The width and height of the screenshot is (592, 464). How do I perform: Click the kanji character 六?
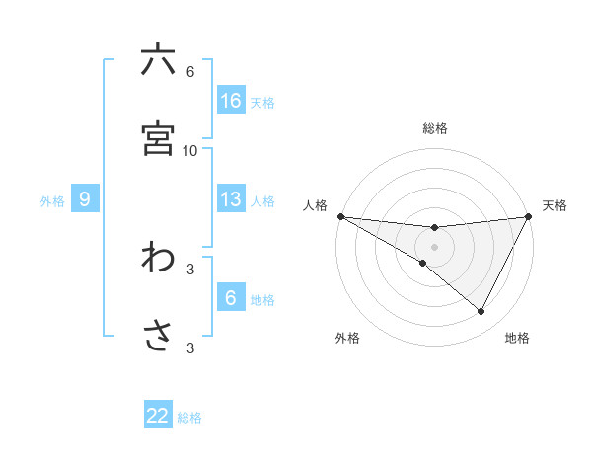tap(158, 60)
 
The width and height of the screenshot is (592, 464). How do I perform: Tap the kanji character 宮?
tap(158, 138)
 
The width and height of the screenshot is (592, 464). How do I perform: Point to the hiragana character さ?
tap(158, 336)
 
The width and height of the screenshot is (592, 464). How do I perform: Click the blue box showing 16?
tap(231, 101)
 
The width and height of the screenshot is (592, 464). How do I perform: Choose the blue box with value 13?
tap(231, 199)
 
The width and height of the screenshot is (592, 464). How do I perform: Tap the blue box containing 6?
tap(231, 298)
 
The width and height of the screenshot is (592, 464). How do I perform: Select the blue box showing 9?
tap(85, 199)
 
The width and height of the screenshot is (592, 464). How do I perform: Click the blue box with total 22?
tap(158, 416)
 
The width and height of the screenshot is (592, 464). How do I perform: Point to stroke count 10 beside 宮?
tap(190, 150)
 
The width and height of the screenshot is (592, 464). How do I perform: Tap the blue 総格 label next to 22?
tap(189, 418)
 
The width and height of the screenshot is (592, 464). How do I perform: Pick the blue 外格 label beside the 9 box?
tap(52, 200)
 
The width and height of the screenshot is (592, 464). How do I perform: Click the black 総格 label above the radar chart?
tap(435, 128)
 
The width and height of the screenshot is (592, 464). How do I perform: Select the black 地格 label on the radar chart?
tap(517, 338)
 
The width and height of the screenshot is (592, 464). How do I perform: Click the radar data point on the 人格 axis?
tap(340, 215)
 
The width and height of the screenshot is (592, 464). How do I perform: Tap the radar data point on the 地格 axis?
tap(481, 312)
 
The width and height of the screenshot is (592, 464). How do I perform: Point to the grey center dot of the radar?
tap(434, 246)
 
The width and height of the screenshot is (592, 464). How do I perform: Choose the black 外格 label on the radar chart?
tap(347, 338)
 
